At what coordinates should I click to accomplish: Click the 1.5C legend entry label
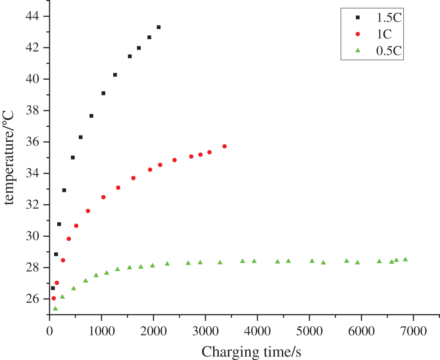pos(389,18)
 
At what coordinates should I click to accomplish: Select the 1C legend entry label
pos(383,34)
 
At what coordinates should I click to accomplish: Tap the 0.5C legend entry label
pos(389,51)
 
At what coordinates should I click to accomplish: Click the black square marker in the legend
pos(358,18)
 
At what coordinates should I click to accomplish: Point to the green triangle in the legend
pos(358,50)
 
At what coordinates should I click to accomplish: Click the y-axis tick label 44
pos(33,16)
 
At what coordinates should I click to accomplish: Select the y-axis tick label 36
pos(33,142)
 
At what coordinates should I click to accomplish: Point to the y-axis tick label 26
pos(33,299)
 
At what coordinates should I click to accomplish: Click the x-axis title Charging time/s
pos(251,352)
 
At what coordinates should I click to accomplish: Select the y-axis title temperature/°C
pos(10,157)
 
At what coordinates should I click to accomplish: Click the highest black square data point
pos(159,27)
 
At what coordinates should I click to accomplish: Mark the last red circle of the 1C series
pos(225,146)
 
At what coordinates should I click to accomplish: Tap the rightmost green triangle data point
pos(405,259)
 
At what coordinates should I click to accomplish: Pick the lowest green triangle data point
pos(55,309)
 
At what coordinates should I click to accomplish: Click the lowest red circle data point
pos(54,298)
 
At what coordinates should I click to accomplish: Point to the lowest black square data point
pos(53,288)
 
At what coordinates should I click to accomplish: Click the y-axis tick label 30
pos(33,236)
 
